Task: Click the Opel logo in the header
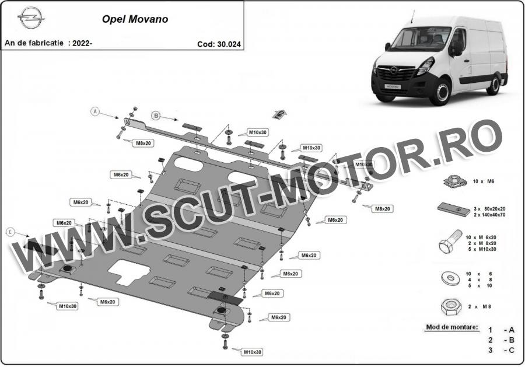31,18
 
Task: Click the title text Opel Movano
135,19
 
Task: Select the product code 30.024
229,44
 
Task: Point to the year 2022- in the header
82,43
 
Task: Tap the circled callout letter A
96,111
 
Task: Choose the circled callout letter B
156,116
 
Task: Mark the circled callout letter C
10,231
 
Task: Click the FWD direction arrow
280,114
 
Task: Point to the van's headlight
425,66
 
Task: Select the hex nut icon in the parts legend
451,306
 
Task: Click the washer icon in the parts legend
451,278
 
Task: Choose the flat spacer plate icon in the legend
454,209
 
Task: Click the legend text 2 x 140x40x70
489,215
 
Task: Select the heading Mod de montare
452,327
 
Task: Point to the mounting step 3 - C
501,350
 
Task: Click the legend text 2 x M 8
480,306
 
